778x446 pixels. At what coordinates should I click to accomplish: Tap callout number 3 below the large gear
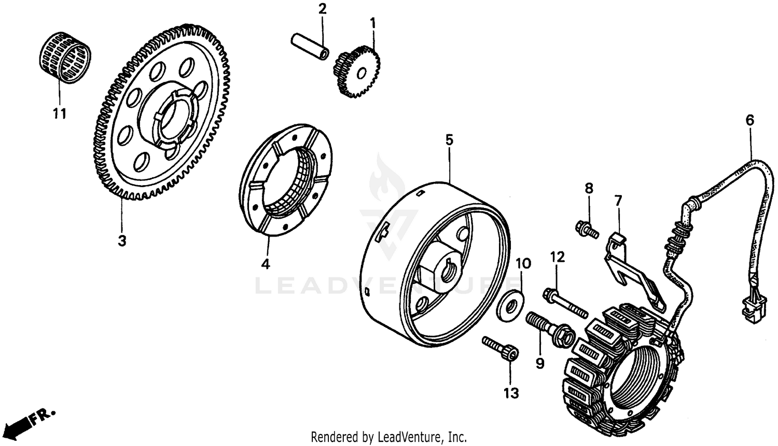point(121,241)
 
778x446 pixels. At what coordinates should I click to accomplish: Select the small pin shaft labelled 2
point(310,47)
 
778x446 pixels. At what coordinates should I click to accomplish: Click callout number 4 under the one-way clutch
point(265,264)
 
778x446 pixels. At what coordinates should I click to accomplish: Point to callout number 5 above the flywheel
point(449,140)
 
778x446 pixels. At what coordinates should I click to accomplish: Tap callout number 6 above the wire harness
point(750,120)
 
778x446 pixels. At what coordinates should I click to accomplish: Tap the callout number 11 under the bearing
point(60,114)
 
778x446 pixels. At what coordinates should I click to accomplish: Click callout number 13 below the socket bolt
point(511,394)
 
